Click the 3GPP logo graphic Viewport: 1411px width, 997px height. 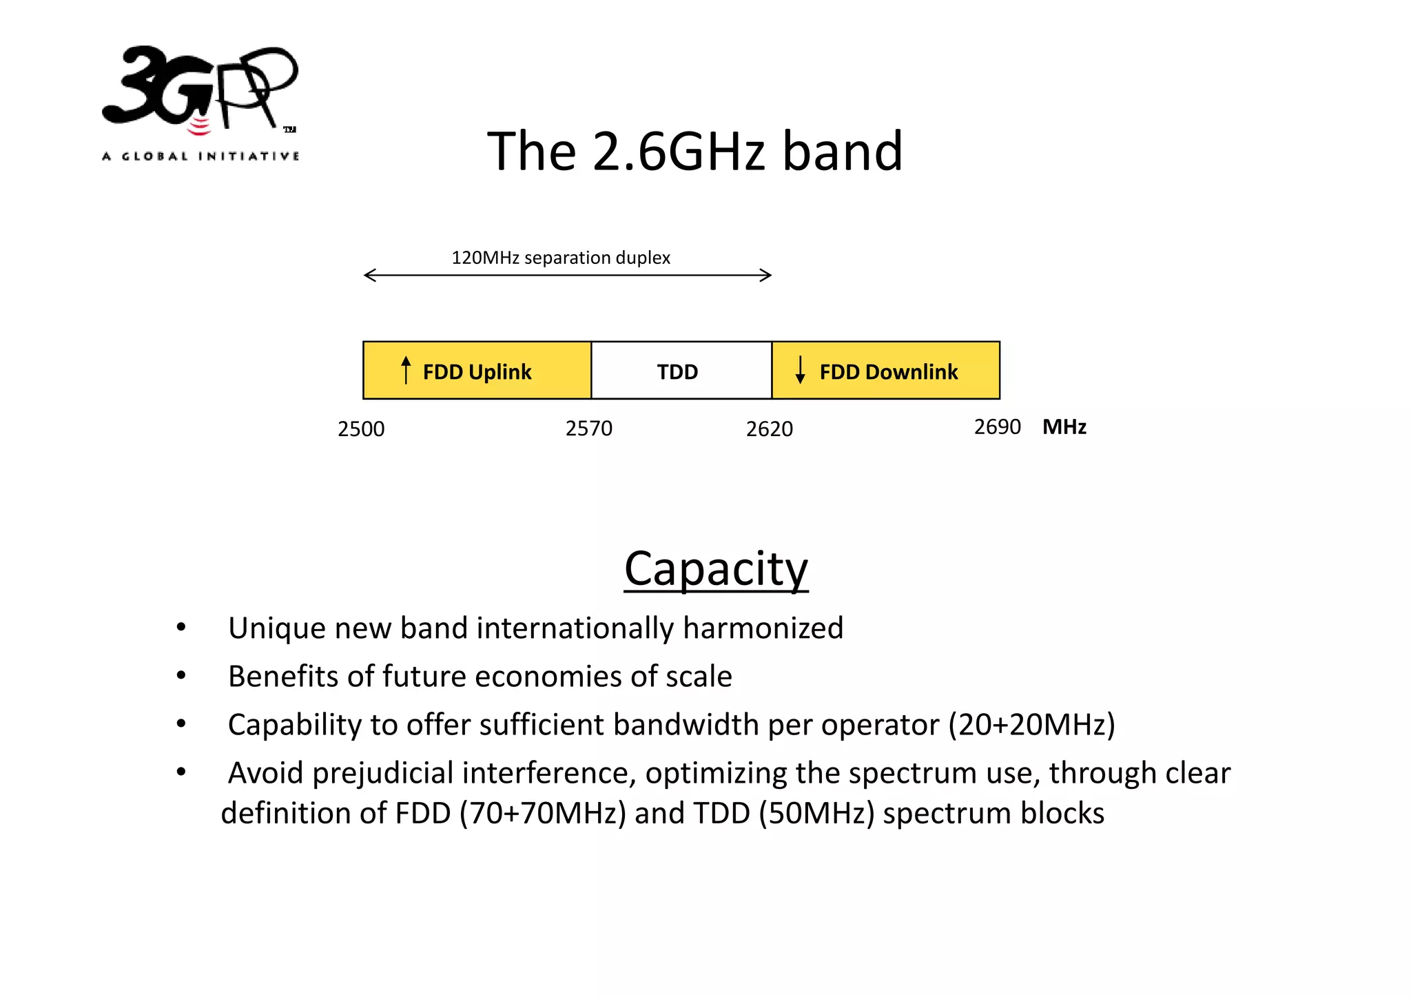coord(200,90)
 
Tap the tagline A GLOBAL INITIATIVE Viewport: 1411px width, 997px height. coord(200,156)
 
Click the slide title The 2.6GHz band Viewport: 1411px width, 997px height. coord(694,151)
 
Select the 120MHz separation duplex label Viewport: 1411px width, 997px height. coord(560,258)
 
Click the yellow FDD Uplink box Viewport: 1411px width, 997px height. coord(477,371)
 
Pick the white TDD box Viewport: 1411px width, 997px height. coord(681,371)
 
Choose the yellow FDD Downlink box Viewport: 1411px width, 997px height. coord(885,371)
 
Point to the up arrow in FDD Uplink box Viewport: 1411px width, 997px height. coord(406,370)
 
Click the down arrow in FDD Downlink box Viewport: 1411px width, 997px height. coord(800,370)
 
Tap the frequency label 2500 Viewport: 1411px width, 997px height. coord(361,429)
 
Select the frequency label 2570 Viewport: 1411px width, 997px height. coord(588,429)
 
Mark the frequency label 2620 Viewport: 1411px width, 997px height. coord(769,429)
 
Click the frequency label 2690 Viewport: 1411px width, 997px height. coord(997,427)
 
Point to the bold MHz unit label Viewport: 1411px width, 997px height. coord(1064,427)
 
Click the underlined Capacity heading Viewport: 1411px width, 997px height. coord(716,568)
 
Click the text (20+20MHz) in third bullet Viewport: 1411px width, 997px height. coord(1031,725)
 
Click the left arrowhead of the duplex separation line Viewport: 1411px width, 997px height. coord(369,276)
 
